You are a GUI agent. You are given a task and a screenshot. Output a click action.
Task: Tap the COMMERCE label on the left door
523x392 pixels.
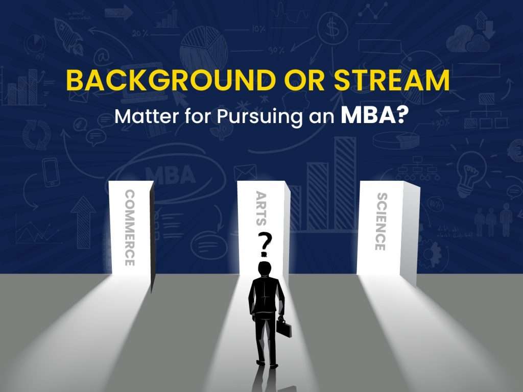coord(129,228)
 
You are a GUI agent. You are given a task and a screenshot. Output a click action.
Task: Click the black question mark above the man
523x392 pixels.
coord(264,242)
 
